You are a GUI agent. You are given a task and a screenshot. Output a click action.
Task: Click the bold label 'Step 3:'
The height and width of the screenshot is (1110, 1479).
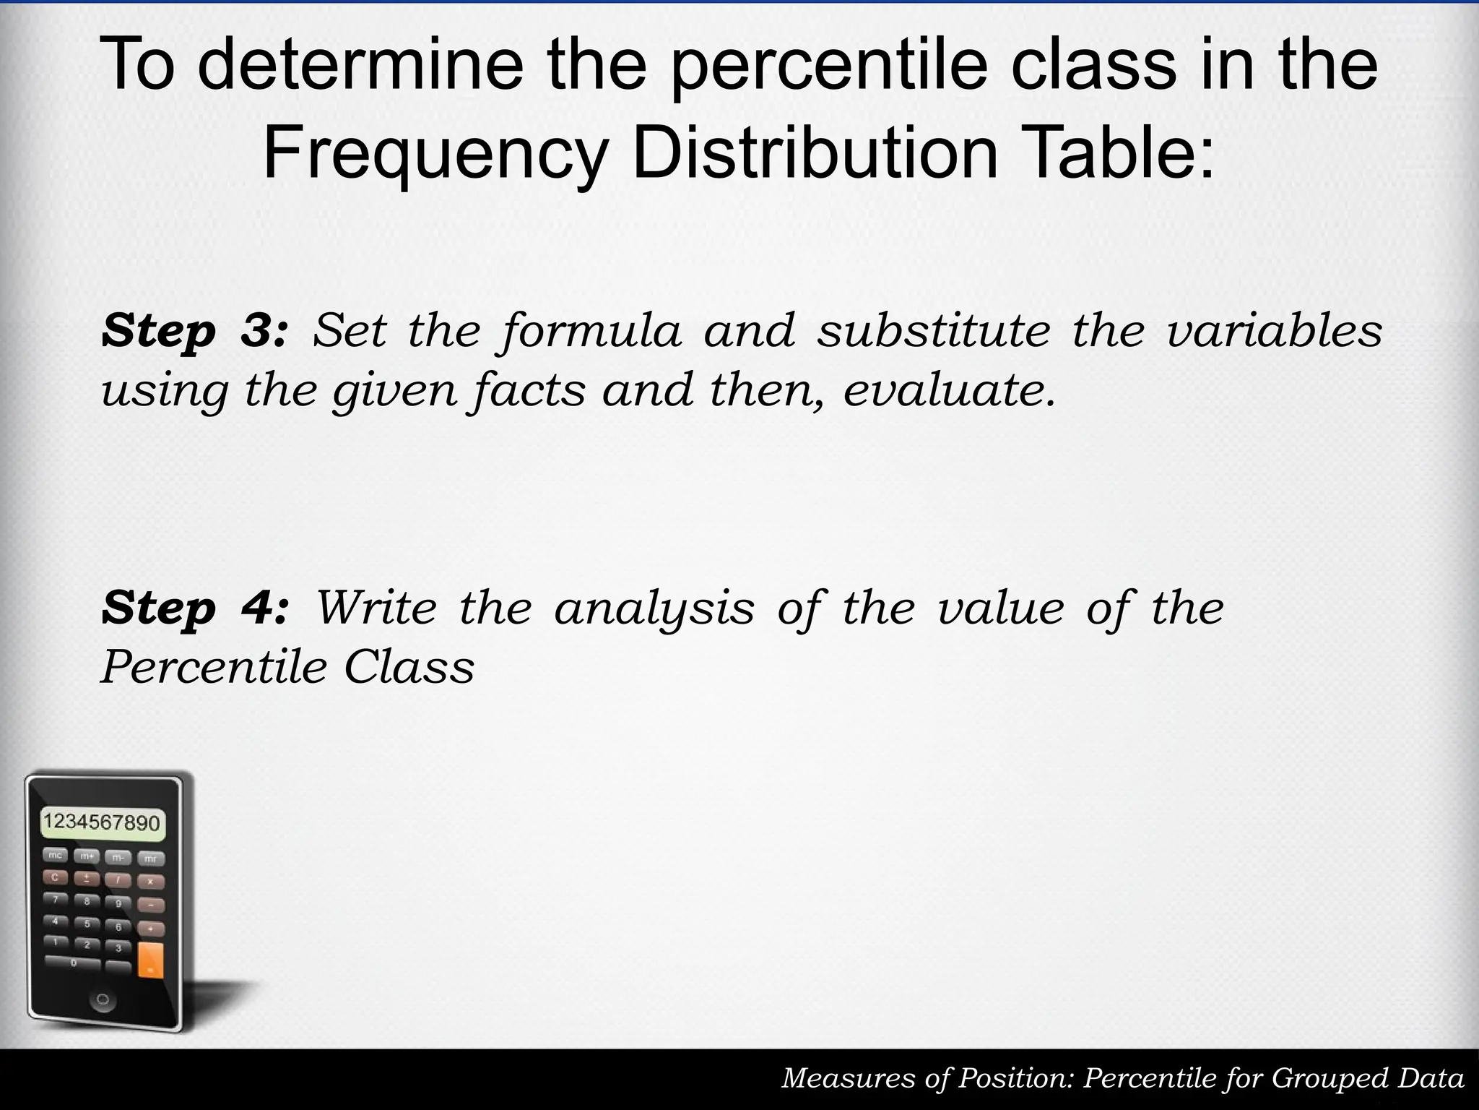pyautogui.click(x=195, y=331)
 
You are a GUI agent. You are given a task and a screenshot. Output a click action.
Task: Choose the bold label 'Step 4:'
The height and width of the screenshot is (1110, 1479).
pyautogui.click(x=195, y=608)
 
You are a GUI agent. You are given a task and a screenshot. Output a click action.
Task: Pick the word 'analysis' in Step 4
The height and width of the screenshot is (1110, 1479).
pyautogui.click(x=654, y=608)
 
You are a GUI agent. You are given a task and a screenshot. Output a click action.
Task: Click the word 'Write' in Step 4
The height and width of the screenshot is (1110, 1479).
pyautogui.click(x=376, y=608)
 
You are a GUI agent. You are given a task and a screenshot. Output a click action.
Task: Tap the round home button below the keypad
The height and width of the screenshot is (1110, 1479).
pyautogui.click(x=102, y=1000)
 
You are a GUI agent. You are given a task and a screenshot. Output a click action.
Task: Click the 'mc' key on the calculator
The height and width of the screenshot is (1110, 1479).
pyautogui.click(x=55, y=855)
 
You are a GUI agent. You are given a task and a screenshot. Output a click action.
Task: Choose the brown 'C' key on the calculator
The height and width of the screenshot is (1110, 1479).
pyautogui.click(x=55, y=877)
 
